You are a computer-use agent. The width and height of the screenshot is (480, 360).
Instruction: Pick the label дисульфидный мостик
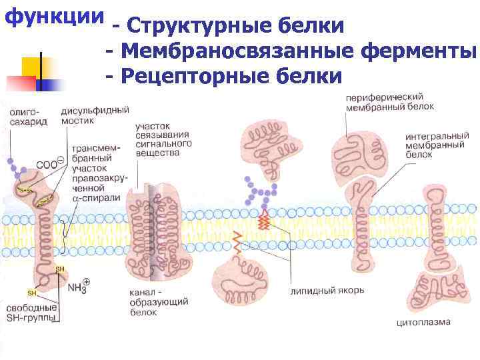coord(95,115)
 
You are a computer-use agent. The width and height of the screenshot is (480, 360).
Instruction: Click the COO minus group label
coord(49,164)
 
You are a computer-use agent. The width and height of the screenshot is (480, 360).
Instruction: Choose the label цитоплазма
coord(424,323)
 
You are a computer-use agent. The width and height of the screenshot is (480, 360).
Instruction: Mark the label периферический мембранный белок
coord(389,101)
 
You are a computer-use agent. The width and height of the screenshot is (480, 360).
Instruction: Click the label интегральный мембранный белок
coord(430,144)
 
